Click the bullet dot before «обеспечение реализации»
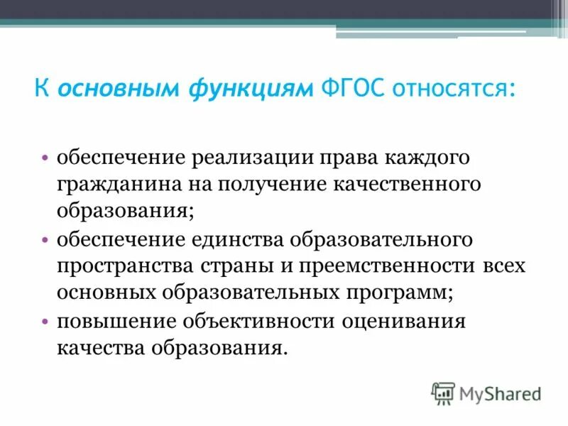[45, 158]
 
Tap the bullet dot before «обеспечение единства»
[45, 240]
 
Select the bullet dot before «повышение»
[45, 322]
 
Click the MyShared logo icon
[443, 393]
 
